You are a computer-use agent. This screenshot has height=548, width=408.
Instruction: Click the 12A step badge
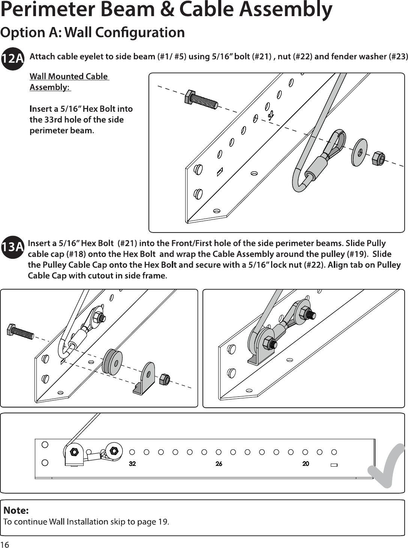13,59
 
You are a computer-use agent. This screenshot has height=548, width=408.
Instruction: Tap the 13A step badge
13,247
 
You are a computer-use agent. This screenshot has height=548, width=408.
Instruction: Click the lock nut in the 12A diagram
378,158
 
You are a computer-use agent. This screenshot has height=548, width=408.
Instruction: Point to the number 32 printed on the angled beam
271,115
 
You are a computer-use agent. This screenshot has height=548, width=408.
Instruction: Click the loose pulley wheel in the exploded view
112,362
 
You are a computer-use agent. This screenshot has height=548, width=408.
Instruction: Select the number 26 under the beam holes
219,464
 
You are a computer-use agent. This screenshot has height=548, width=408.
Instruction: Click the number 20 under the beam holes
306,464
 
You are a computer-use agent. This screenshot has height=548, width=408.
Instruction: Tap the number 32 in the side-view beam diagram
132,464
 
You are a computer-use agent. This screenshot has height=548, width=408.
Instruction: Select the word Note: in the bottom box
16,510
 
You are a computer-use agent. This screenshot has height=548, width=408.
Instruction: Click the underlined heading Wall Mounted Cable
69,77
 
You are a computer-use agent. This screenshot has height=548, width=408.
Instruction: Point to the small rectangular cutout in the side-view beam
334,465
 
